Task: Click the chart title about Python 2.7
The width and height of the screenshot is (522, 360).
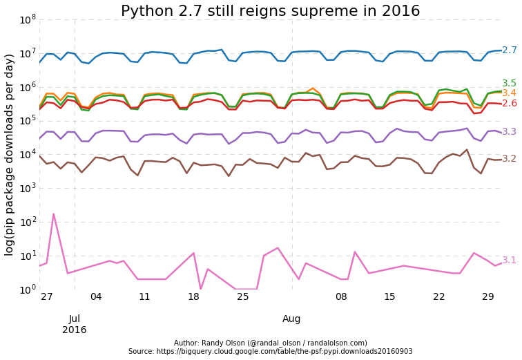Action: tap(270, 11)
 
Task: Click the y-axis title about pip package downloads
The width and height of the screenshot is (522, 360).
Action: tap(10, 154)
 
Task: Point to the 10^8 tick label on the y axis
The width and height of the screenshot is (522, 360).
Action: tap(28, 19)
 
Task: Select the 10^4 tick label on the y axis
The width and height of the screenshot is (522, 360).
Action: tap(28, 155)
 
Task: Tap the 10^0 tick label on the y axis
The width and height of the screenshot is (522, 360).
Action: tap(28, 290)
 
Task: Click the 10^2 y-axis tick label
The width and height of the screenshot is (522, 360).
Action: tap(28, 222)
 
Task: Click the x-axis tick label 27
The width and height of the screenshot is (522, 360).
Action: tap(47, 296)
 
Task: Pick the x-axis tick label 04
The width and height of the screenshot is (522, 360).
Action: tap(96, 296)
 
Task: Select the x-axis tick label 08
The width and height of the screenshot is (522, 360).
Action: tap(341, 296)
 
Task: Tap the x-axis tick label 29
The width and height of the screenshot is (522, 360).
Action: tap(488, 296)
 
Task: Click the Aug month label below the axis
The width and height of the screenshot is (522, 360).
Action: tap(291, 319)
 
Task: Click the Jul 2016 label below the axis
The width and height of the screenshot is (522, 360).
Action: tap(75, 324)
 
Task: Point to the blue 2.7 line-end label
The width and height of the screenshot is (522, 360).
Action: tap(509, 50)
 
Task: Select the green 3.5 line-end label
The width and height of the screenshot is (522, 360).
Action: tap(509, 84)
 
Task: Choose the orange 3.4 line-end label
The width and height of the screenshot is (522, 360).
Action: tap(509, 93)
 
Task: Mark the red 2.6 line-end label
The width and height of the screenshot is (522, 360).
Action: tap(509, 104)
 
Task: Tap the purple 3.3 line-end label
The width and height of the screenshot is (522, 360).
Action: tap(509, 132)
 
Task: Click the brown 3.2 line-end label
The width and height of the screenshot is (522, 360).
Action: tap(509, 159)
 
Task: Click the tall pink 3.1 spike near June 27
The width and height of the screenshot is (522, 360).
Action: tap(53, 215)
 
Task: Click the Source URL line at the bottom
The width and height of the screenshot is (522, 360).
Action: tap(270, 352)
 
